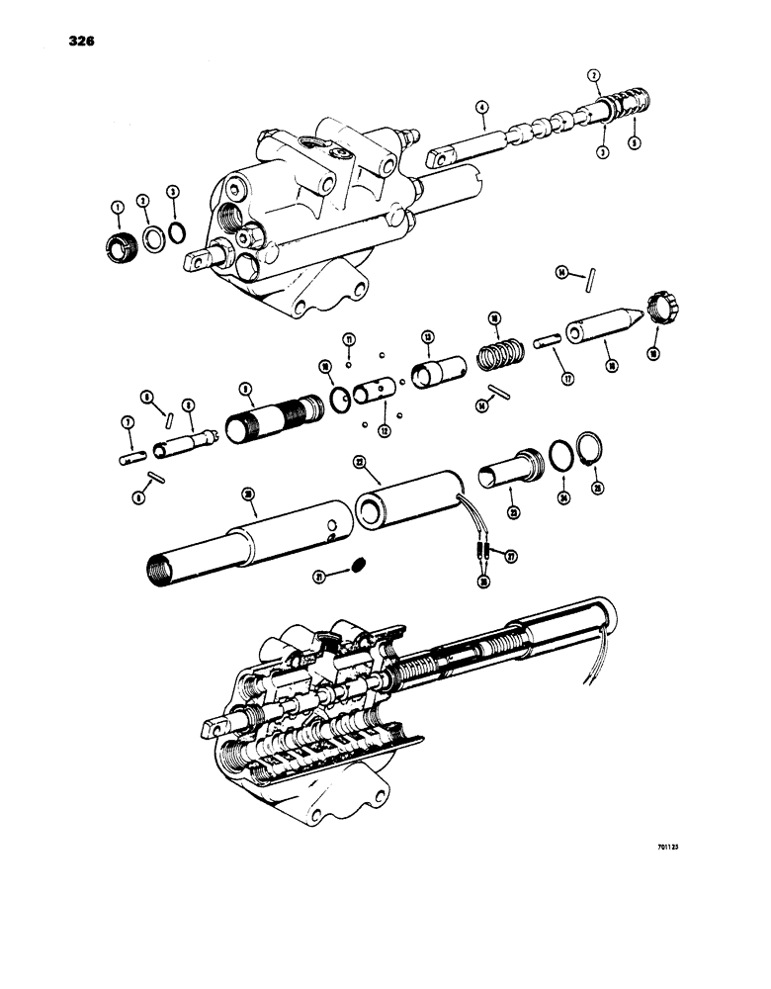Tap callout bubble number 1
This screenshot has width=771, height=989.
pyautogui.click(x=117, y=207)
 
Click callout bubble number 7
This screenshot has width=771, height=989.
pyautogui.click(x=127, y=422)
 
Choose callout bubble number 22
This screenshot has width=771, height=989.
pyautogui.click(x=361, y=462)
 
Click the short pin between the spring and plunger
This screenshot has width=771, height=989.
pyautogui.click(x=546, y=341)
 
